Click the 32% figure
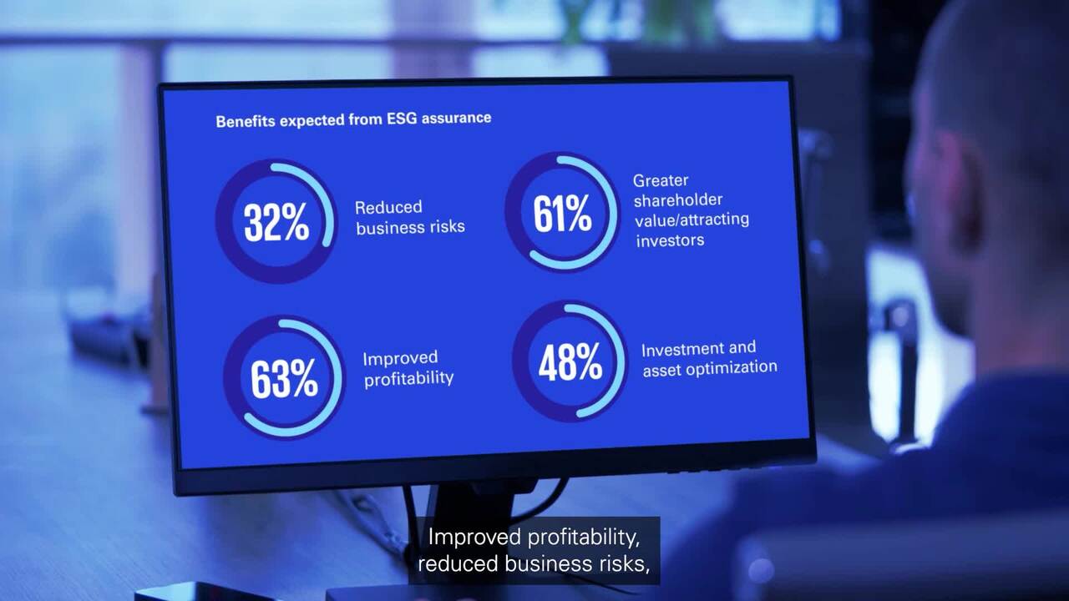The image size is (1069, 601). pos(276,222)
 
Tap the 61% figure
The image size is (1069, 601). pos(563,214)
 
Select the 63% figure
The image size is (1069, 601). pos(285,379)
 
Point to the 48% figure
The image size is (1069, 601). pos(570,362)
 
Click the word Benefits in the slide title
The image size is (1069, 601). pos(246,121)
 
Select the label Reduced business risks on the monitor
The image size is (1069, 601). pos(410,218)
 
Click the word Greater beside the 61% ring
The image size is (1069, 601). pos(661,181)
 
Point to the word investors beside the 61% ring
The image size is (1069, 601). pos(670,241)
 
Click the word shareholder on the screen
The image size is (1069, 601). pos(678,199)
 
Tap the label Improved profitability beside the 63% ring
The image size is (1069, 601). pos(408,369)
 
